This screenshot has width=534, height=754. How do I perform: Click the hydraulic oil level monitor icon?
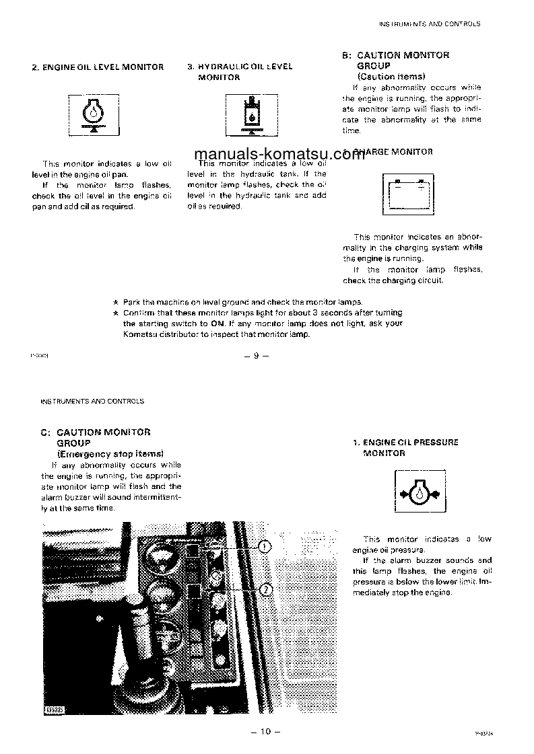click(251, 116)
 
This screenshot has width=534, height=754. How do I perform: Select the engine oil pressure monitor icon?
click(420, 494)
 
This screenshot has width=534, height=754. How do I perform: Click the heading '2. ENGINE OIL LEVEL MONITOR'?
click(98, 67)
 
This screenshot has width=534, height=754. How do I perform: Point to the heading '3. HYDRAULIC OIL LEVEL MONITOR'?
click(240, 72)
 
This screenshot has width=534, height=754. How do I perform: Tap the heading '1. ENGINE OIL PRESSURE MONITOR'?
click(405, 448)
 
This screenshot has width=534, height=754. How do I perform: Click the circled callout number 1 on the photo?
click(265, 546)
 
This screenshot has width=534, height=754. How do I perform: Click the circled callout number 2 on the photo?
click(265, 590)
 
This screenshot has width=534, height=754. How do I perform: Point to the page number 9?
click(256, 356)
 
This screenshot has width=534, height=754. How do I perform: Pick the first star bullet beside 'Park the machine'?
click(116, 302)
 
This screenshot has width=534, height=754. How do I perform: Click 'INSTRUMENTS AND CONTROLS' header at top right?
click(430, 24)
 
